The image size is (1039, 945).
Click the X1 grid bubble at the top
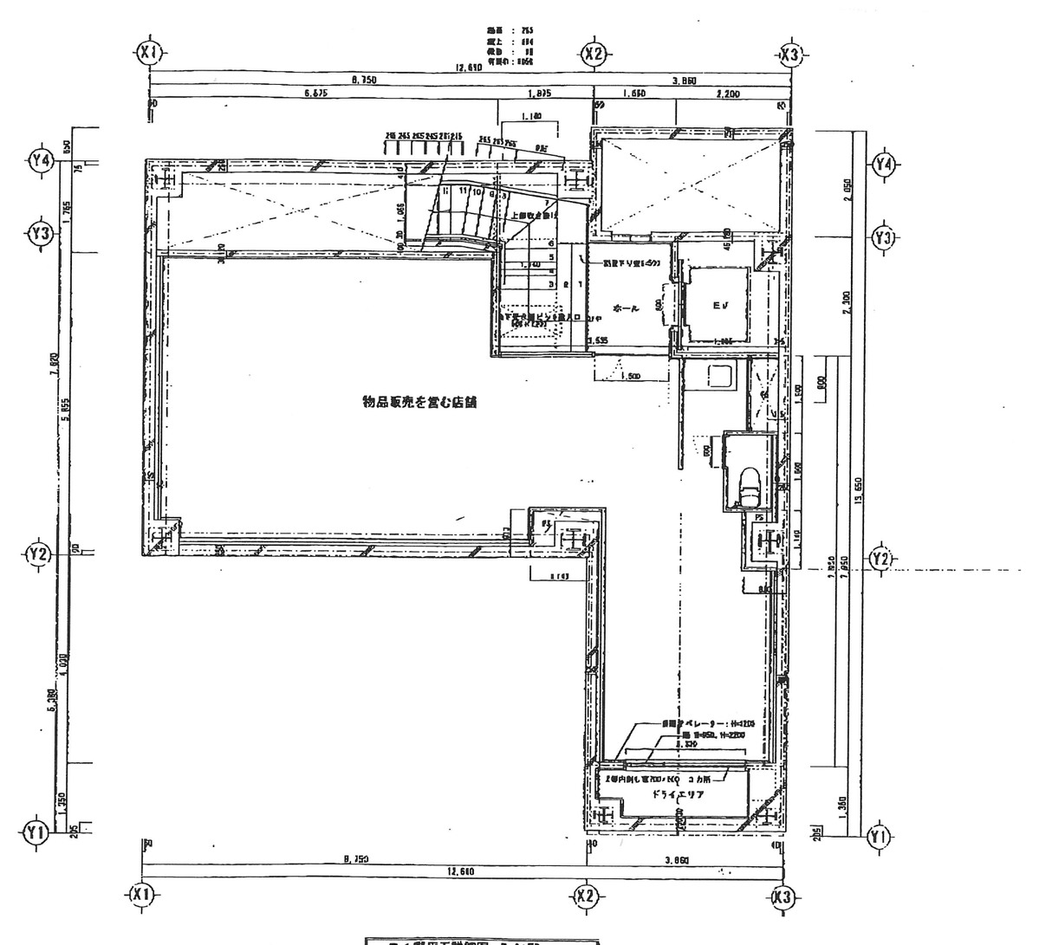click(x=151, y=53)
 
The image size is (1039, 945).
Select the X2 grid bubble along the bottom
click(x=586, y=895)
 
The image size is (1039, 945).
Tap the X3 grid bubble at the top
click(x=789, y=55)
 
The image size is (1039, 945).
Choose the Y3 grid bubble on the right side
click(x=883, y=236)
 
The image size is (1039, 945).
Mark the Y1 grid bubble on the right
click(x=879, y=835)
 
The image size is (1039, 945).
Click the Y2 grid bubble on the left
click(x=38, y=553)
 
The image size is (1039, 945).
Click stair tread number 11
click(x=464, y=190)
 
